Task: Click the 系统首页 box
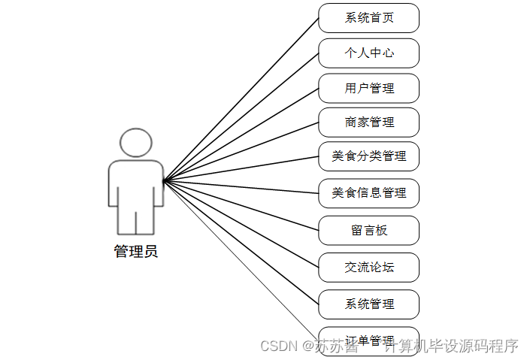[x=368, y=18]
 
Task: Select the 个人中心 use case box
[x=368, y=53]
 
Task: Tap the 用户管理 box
[x=368, y=88]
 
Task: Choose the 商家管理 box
[x=368, y=122]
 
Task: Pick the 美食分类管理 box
[x=368, y=156]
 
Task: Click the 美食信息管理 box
[x=368, y=193]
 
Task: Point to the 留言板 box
[x=368, y=230]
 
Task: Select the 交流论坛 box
[x=368, y=267]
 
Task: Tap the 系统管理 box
[x=368, y=304]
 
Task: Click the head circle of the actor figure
[x=136, y=143]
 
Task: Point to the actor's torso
[x=136, y=184]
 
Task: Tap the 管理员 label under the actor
[x=136, y=252]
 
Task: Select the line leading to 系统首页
[x=241, y=98]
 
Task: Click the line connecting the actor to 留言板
[x=241, y=204]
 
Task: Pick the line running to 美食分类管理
[x=241, y=168]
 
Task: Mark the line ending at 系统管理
[x=241, y=241]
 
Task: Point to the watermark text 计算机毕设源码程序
[x=451, y=346]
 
